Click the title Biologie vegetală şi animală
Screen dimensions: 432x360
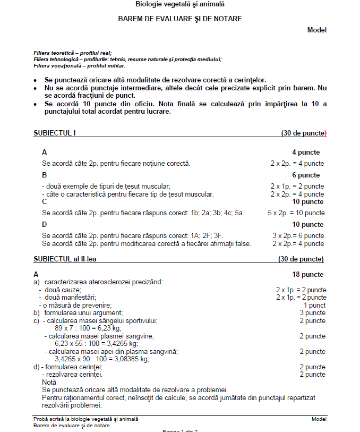(180, 4)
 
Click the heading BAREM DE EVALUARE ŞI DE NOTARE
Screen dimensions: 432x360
(180, 19)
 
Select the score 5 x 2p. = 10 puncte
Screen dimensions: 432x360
(296, 213)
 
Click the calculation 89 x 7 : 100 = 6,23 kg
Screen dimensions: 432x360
(93, 328)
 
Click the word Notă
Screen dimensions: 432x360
(49, 382)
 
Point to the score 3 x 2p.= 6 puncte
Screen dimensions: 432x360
(298, 236)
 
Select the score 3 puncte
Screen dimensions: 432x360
(313, 313)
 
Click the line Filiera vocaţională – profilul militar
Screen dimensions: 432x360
(79, 66)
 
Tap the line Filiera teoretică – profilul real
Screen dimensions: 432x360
(72, 53)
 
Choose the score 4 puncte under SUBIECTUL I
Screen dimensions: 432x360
(306, 153)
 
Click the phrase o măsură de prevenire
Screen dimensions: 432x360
(77, 306)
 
